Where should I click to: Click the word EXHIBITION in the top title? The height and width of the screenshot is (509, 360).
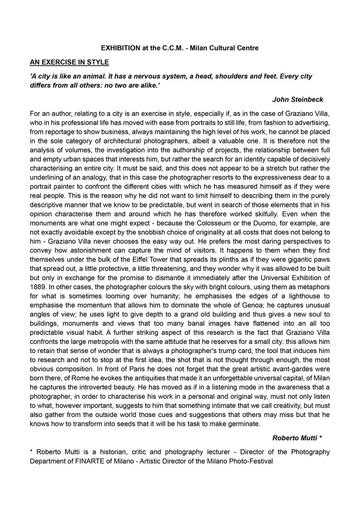click(118, 48)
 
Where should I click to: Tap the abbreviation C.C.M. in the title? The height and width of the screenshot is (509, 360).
click(171, 48)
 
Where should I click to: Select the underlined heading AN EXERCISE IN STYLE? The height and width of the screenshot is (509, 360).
click(69, 62)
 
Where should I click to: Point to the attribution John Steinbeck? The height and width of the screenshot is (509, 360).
click(298, 100)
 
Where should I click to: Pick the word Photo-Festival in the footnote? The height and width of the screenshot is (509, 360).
click(252, 461)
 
